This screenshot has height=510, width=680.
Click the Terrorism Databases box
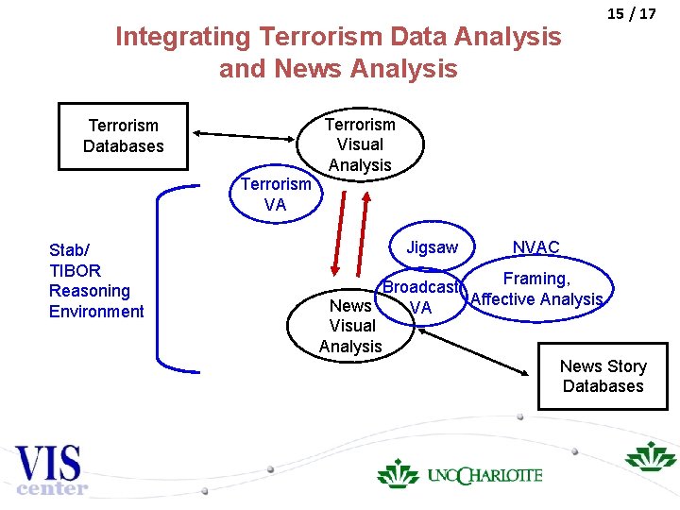point(123,136)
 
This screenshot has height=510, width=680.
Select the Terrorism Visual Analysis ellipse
point(360,144)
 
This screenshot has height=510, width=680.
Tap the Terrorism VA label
point(275,195)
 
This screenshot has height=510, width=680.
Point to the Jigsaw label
point(432,247)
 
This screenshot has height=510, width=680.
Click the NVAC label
point(535,247)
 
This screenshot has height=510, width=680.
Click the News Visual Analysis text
point(350,326)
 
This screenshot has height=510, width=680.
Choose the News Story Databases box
point(603,376)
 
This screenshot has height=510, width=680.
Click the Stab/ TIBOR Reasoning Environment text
point(96,280)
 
